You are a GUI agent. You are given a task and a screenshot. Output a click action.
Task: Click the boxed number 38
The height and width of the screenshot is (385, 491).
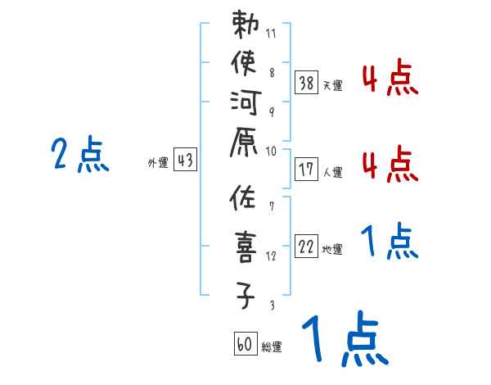307,82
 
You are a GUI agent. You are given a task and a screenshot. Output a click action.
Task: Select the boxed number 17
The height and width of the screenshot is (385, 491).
307,170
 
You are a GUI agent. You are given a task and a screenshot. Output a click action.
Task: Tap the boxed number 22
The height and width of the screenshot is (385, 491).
307,247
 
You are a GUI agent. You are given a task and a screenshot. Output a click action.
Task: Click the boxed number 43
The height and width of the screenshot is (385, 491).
186,161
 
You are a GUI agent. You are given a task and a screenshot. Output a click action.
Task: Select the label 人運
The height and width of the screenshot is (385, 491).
333,173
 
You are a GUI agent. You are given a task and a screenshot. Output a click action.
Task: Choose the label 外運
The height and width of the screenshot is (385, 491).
158,164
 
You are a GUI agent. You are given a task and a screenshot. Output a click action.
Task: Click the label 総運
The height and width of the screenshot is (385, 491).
272,347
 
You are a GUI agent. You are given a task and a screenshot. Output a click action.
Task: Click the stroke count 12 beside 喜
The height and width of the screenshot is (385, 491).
272,256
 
